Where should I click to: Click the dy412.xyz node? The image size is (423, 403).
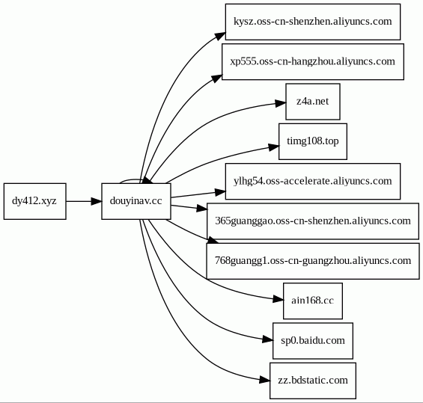point(34,201)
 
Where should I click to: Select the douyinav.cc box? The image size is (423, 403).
point(136,201)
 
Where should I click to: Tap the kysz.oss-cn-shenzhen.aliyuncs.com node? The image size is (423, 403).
point(313,22)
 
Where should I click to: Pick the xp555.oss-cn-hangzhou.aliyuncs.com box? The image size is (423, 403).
point(313,62)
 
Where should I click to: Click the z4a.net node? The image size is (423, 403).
point(313,102)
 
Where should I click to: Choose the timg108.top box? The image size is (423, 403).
point(313,141)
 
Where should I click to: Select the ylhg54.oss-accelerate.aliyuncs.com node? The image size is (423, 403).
point(313,181)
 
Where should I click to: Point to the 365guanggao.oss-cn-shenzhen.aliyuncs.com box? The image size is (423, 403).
point(313,221)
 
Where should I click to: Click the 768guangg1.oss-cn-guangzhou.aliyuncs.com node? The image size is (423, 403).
point(313,261)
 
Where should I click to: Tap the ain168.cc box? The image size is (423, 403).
point(313,301)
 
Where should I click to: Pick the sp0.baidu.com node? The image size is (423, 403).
point(313,341)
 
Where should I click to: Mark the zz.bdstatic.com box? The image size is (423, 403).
point(313,381)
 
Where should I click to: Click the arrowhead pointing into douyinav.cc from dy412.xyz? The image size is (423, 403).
point(97,201)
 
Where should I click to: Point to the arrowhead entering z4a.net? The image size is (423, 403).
point(281,103)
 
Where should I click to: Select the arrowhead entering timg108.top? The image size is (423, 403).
point(273,147)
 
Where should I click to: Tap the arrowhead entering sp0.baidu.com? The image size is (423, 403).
point(267,339)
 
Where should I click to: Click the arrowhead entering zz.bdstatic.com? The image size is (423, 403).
point(264,380)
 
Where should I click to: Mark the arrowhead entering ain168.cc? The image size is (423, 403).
point(279,299)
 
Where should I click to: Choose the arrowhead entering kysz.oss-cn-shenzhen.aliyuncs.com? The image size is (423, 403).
point(220,37)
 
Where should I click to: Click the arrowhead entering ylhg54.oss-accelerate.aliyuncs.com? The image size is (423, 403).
point(220,192)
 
